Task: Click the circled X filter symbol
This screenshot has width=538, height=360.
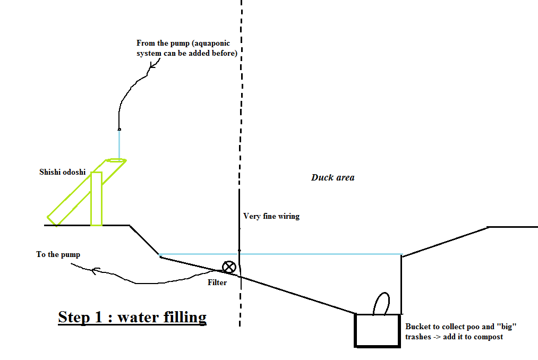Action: tap(229, 267)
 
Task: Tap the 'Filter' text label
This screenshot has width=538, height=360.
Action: tap(217, 282)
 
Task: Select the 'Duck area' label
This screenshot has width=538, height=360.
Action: tap(332, 177)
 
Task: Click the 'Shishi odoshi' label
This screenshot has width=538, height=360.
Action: tap(63, 172)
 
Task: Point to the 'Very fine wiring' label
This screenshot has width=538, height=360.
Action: tap(271, 216)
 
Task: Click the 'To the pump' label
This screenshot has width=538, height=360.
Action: tap(58, 254)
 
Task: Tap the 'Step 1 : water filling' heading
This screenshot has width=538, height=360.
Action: tap(132, 317)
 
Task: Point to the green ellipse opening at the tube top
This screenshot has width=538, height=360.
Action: tap(116, 159)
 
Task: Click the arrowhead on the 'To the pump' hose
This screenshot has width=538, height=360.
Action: tap(94, 271)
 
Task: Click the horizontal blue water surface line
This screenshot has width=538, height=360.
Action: tap(319, 254)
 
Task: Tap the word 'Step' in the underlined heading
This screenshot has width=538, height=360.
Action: tap(74, 317)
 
